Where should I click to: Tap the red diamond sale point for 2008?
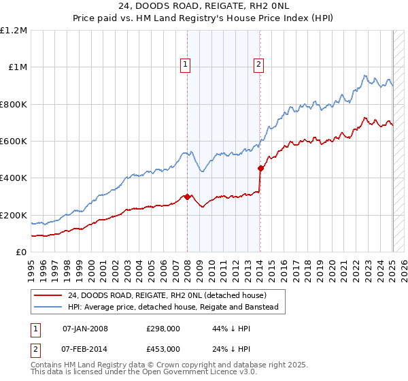pos(187,197)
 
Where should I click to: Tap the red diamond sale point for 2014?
pos(260,168)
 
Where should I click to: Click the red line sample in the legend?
pos(48,295)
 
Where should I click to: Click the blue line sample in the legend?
pos(48,308)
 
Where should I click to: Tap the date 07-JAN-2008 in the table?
pos(85,329)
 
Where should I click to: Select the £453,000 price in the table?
pos(163,348)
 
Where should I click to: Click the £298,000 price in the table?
pos(163,329)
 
